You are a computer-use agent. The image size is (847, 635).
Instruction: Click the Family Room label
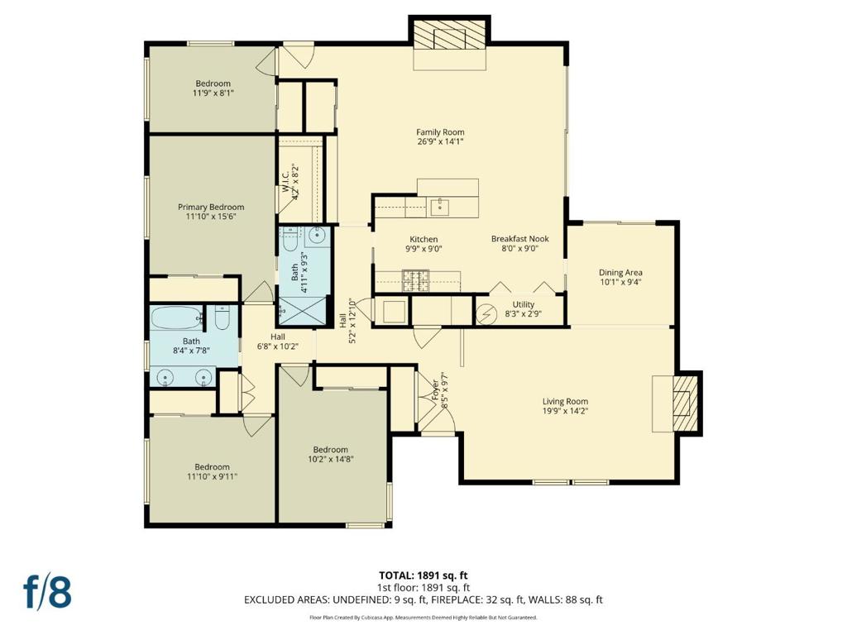(440, 131)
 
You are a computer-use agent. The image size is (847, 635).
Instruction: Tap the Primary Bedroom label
(211, 207)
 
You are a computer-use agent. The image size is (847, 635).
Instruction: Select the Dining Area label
(620, 273)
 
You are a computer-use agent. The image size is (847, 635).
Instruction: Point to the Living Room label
(565, 401)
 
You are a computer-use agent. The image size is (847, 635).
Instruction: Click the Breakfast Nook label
(520, 239)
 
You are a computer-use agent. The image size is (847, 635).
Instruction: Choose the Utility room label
(524, 304)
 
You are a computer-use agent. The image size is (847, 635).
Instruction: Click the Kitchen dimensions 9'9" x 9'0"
(424, 249)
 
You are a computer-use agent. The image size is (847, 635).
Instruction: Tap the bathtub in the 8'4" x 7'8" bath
(175, 318)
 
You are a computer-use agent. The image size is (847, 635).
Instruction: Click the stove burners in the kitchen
(415, 279)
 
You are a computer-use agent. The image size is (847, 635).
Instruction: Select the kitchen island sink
(440, 205)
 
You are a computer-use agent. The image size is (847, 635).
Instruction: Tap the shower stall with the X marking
(303, 310)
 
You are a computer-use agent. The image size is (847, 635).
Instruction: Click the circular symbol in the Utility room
(485, 314)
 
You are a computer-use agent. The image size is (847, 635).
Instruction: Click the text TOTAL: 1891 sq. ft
(419, 575)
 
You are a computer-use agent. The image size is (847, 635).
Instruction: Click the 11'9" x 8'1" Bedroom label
(213, 88)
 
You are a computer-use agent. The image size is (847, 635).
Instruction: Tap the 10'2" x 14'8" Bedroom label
(331, 454)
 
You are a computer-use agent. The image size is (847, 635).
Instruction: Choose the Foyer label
(435, 390)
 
